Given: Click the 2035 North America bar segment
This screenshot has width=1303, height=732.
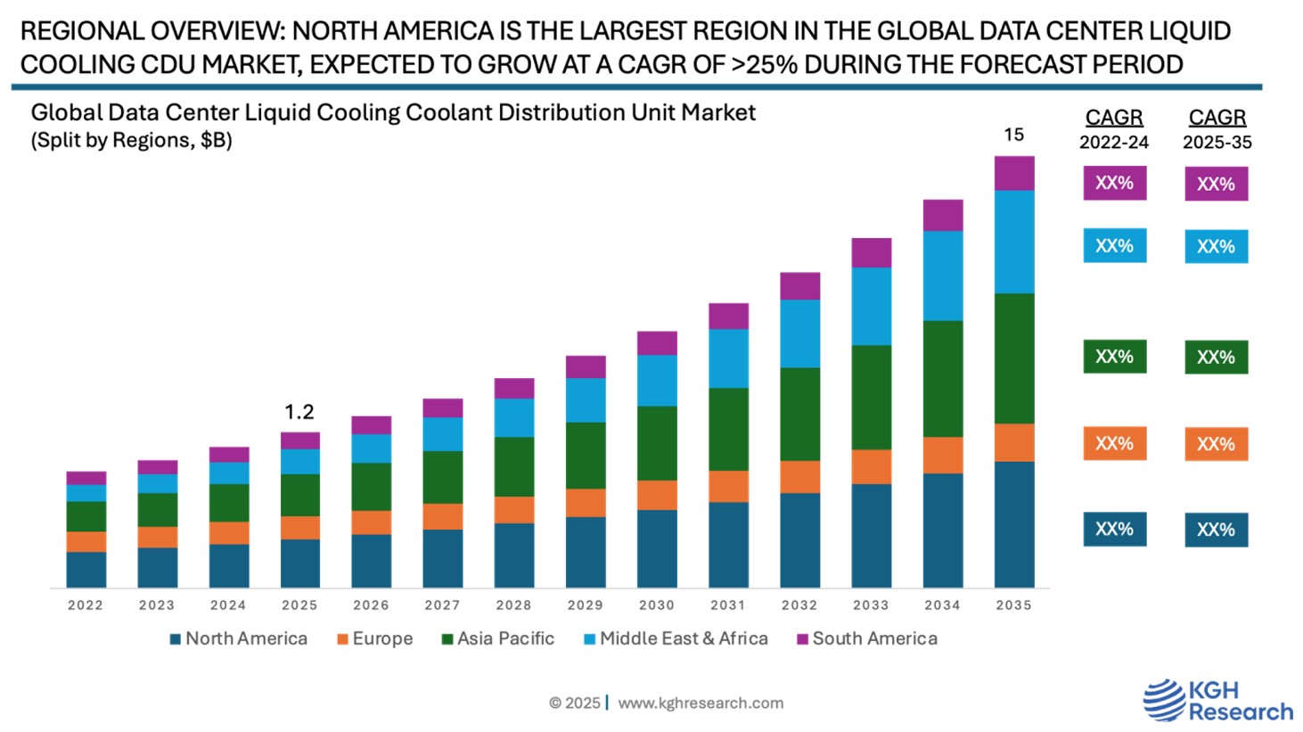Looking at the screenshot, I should coord(1014,524).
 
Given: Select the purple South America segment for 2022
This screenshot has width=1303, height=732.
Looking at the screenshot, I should coord(86,478).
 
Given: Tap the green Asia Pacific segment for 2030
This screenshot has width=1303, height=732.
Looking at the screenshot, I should coord(657,443).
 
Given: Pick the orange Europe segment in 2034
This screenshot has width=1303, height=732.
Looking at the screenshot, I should coord(943,455).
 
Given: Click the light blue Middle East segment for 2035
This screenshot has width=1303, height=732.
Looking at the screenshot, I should coord(1014,242).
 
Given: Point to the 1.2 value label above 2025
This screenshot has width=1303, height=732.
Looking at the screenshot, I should coord(299,412).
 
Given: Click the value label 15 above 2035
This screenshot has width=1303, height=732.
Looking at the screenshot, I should coord(1014,135).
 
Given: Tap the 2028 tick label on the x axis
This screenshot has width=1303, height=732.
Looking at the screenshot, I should coord(514,605).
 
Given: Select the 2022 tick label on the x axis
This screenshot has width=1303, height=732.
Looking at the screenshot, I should coord(86,605).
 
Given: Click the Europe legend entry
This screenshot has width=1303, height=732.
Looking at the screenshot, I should coord(375,639).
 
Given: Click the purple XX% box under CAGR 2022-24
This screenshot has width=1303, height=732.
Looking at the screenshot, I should coord(1114,183).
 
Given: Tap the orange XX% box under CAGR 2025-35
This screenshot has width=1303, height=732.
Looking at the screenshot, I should coord(1216,444).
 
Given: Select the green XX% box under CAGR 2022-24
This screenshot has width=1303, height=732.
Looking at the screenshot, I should coord(1114,357).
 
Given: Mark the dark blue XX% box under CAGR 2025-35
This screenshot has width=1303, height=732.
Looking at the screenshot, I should coord(1216,530).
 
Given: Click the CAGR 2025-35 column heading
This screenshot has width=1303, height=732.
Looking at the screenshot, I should coord(1217,128).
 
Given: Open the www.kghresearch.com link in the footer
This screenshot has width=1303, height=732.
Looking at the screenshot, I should coord(701,703).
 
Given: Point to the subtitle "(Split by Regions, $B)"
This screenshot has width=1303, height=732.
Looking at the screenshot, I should coord(132,141).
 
